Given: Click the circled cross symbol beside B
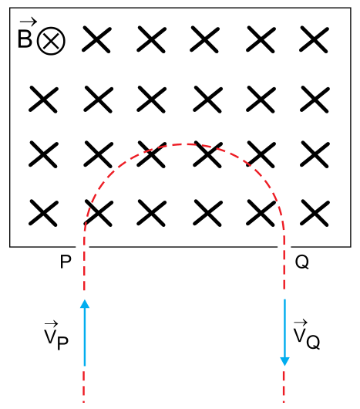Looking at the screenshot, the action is [51, 41].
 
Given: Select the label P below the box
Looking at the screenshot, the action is [66, 262].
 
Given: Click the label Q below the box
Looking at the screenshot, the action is [302, 262].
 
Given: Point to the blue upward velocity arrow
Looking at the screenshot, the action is [85, 333].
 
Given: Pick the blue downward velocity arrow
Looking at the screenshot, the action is [284, 333].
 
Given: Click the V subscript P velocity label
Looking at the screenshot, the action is [56, 336].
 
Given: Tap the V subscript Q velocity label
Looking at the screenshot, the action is [307, 335].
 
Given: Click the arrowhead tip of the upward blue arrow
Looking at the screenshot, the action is [85, 299].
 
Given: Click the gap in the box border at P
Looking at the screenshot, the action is [82, 246].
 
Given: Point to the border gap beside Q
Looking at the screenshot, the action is [284, 246].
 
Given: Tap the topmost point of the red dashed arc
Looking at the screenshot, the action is [184, 144].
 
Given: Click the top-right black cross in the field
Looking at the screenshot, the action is [314, 39].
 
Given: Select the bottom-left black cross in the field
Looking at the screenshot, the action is [43, 213].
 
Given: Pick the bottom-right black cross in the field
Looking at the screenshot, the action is [315, 213].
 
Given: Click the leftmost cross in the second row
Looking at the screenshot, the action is [43, 100].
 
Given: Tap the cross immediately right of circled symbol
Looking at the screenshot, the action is [96, 39].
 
